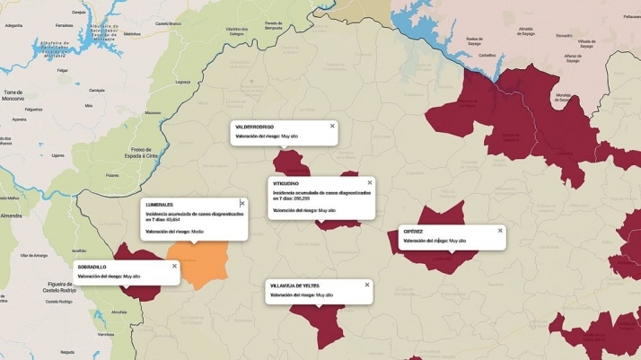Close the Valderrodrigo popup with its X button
[332, 126]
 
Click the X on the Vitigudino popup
[369, 182]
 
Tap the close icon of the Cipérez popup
[500, 231]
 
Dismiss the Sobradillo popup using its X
[174, 266]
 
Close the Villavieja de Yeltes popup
[366, 285]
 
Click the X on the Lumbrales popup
[241, 203]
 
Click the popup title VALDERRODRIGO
[254, 127]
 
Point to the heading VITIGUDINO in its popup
[285, 183]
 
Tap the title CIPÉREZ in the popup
[413, 232]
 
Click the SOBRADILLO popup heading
[92, 267]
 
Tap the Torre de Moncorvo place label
[13, 95]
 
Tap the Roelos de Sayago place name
[474, 41]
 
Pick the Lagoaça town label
[183, 82]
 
